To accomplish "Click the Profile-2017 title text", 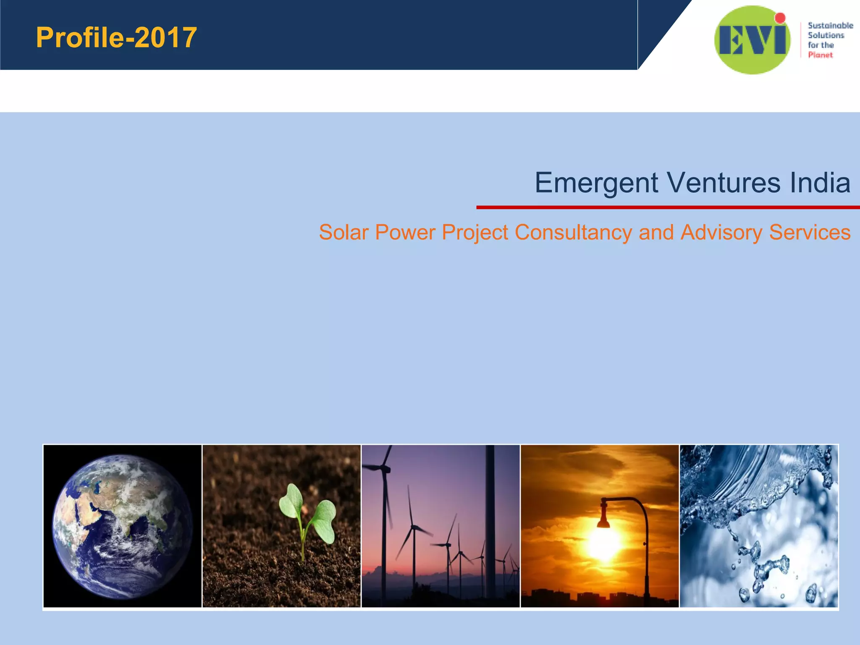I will point(116,37).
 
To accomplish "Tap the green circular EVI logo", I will point(752,40).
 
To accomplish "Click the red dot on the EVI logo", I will point(780,18).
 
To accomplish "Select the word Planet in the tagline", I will point(820,55).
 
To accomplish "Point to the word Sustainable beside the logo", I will point(830,26).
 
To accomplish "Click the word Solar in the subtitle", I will point(343,232).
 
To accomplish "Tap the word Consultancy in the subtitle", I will point(573,232).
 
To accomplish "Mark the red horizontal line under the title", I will point(668,207).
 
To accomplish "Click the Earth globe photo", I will point(122,526).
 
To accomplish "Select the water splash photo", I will point(758,526).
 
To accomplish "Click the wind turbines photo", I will point(440,526).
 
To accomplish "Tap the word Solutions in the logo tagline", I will point(826,35).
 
